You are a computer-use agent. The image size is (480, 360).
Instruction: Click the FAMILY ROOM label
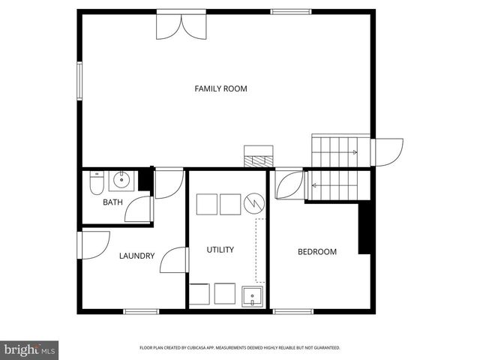point(220,88)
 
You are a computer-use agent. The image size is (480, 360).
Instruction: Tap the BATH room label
point(112,202)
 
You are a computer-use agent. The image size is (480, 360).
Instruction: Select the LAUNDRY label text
point(136,256)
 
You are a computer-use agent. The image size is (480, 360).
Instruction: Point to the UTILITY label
point(220,250)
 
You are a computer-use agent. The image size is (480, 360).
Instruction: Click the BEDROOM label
point(317,252)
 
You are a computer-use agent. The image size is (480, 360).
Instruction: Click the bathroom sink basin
point(121,180)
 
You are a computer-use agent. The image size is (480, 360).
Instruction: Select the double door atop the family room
point(179,25)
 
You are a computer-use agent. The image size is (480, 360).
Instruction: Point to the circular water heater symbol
point(255,202)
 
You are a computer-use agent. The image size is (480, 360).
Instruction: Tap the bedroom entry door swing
point(289,185)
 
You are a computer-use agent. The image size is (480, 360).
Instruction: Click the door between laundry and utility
point(174,260)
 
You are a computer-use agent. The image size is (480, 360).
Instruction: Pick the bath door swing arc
point(138,209)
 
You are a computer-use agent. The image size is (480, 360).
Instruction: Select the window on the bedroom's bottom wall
point(292,311)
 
